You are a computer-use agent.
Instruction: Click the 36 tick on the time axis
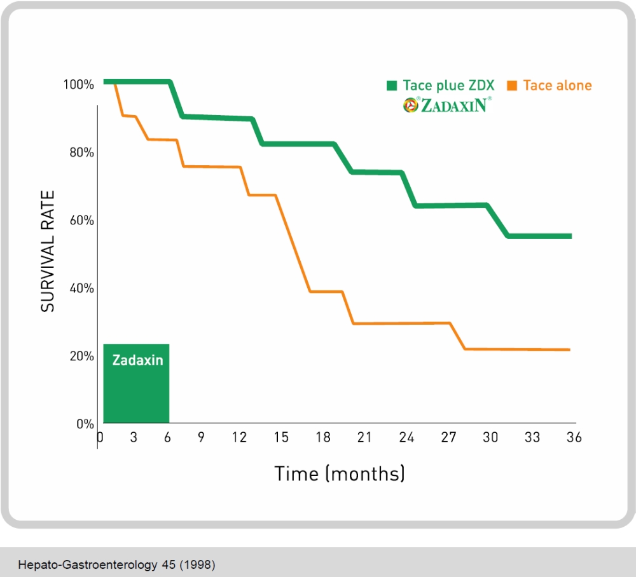(574, 438)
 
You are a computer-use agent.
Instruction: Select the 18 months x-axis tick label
(323, 438)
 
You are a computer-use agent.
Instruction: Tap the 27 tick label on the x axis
(449, 438)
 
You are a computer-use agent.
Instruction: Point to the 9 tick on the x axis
(201, 438)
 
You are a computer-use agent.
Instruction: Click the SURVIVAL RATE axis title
(48, 251)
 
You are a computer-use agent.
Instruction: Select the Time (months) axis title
(340, 473)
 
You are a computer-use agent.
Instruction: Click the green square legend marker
(392, 86)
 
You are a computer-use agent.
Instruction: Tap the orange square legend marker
(512, 86)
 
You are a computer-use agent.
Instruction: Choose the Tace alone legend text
(557, 85)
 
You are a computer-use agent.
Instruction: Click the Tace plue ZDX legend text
(448, 85)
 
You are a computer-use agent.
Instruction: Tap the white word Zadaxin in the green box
(137, 360)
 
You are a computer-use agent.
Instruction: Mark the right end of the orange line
(569, 350)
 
